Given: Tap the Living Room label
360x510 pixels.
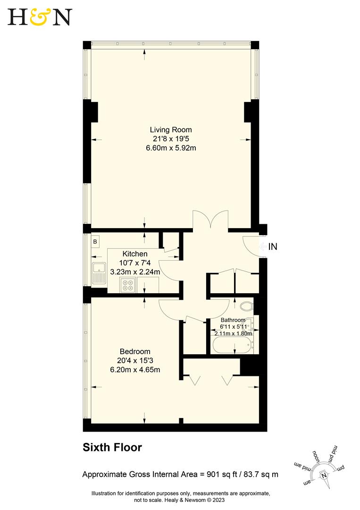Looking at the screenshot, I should (x=171, y=129).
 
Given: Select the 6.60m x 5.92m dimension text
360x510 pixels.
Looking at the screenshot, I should (x=171, y=147).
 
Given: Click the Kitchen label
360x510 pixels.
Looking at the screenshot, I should (x=135, y=254).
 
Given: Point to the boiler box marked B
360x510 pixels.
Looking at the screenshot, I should (x=95, y=242).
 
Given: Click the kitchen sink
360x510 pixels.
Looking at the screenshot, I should (x=99, y=273).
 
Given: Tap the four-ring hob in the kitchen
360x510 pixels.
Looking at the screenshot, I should (x=128, y=285).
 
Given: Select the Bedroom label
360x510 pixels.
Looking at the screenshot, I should (x=135, y=351).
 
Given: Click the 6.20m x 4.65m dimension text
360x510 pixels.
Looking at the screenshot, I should (x=135, y=369).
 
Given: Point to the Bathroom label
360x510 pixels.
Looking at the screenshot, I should (x=233, y=320).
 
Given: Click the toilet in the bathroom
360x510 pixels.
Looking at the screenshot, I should (x=246, y=306).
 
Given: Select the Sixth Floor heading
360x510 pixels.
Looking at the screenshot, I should (x=112, y=447).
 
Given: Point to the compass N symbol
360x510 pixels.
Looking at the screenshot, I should (x=324, y=476).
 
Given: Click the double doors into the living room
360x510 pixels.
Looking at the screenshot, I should (x=210, y=221).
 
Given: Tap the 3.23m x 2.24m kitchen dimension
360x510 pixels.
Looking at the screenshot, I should (x=135, y=272).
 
